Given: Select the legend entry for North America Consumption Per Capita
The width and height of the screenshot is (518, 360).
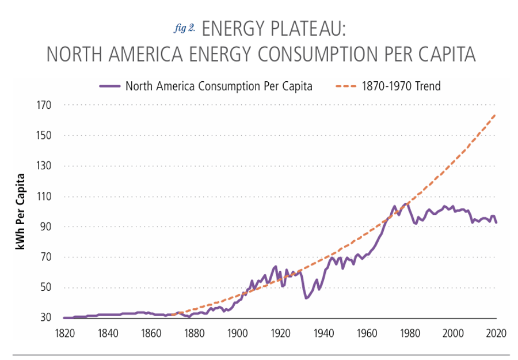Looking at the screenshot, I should coord(219,86).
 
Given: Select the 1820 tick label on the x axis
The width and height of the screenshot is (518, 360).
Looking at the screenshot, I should coord(64,332).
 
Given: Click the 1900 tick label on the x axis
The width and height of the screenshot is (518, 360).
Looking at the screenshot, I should coord(237,332).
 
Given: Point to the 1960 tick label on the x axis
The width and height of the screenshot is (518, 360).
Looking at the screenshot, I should coord(367,332).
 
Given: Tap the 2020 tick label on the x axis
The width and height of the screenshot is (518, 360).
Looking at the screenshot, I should coord(496,332).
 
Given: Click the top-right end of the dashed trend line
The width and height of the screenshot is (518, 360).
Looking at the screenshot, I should coord(496,115).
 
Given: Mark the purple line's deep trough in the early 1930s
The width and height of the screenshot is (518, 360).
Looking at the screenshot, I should coord(306,298).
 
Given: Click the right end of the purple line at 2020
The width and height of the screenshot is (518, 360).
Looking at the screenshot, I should coord(496,223).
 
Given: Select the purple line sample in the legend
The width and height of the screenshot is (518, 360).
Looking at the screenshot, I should coord(109,86).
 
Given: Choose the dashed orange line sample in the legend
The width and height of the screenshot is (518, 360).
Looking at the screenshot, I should coord(345,86).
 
